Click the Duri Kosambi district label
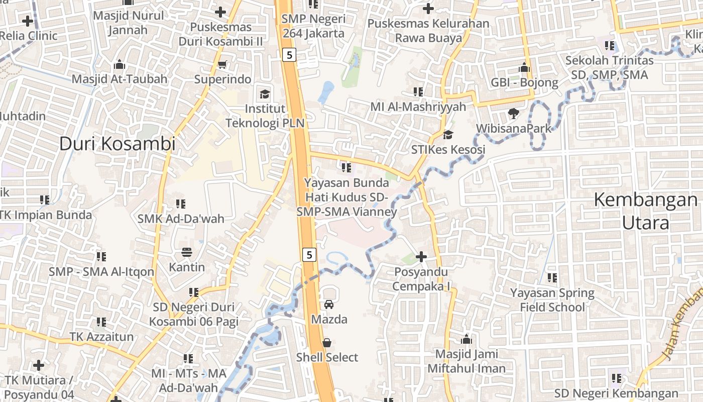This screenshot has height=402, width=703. click(x=118, y=144)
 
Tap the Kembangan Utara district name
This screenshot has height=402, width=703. click(x=646, y=211)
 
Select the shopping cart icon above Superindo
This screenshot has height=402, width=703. click(x=222, y=65)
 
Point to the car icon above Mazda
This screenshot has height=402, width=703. click(x=329, y=304)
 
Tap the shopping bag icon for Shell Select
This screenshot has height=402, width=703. click(x=327, y=343)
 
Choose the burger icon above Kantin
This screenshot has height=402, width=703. click(x=187, y=252)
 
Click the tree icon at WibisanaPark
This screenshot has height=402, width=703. click(x=513, y=114)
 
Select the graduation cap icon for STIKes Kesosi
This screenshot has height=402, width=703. click(x=448, y=135)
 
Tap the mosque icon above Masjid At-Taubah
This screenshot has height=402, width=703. click(x=120, y=64)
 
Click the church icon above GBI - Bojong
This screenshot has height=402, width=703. click(x=524, y=67)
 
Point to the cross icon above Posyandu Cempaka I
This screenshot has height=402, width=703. click(x=421, y=257)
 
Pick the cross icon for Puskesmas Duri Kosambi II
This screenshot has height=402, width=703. click(x=220, y=12)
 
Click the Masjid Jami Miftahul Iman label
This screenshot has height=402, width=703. click(x=466, y=361)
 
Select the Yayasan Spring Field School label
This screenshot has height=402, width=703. click(x=552, y=300)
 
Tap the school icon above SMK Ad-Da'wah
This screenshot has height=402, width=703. click(x=181, y=204)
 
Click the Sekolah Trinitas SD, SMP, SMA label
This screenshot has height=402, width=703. click(x=610, y=68)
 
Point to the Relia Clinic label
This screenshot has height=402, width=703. click(x=29, y=36)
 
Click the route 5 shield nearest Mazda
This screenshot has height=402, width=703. click(x=309, y=255)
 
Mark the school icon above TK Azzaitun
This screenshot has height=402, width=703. click(x=101, y=322)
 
